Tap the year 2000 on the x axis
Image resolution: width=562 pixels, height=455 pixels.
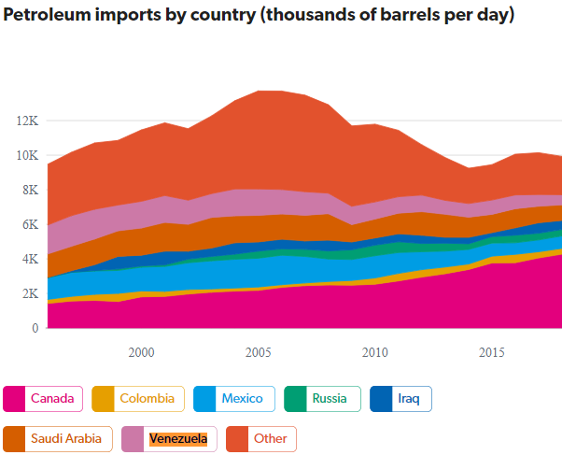(141, 352)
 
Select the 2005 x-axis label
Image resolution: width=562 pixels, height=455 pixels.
(258, 352)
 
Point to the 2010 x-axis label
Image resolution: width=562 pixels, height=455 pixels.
(374, 352)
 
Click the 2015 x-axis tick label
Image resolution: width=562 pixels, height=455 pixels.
(492, 352)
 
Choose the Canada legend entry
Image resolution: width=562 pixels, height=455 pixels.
(43, 399)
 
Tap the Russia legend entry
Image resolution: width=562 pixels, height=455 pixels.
(321, 399)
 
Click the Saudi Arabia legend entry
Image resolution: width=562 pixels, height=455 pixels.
(58, 438)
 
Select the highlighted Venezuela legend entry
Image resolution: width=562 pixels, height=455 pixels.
(170, 438)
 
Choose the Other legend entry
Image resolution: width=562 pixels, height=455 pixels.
(260, 438)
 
